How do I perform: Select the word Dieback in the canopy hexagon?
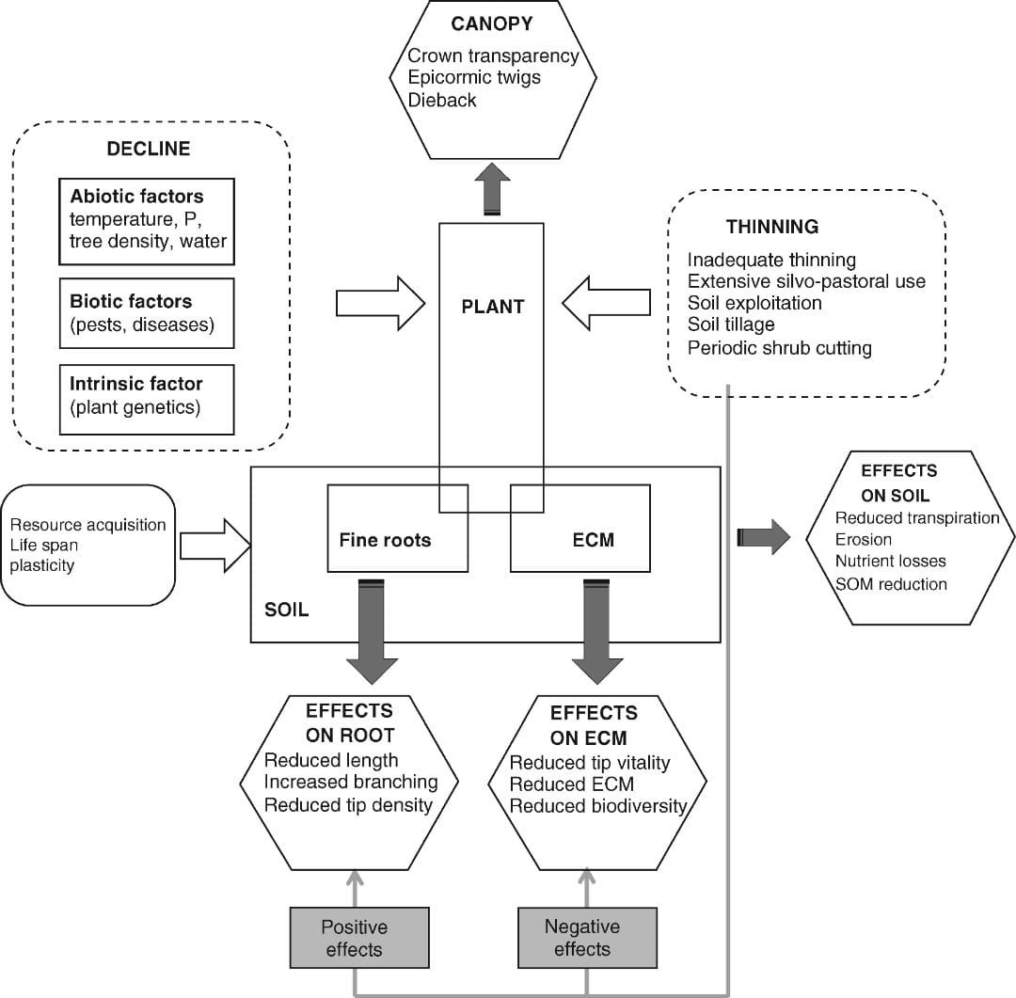tap(442, 100)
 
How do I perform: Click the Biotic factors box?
tap(146, 313)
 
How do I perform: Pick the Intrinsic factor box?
tap(146, 396)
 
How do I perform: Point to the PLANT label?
tap(492, 307)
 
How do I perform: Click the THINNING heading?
tap(771, 227)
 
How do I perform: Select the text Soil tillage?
tap(731, 325)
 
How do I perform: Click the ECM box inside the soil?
tap(594, 539)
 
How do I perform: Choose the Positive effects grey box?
tap(355, 938)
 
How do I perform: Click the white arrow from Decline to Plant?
tap(380, 303)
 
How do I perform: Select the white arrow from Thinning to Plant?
tap(607, 303)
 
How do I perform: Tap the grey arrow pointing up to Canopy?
tap(491, 191)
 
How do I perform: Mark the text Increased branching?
tap(351, 782)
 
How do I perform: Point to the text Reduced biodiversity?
tap(598, 806)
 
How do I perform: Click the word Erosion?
tap(864, 540)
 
